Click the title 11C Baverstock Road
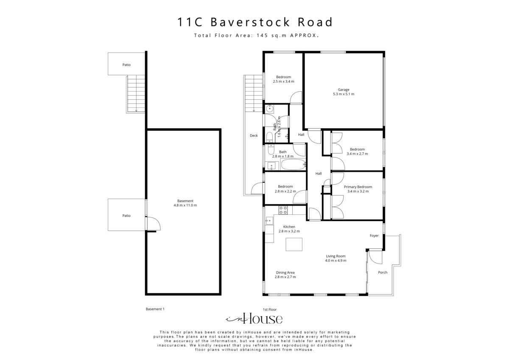tap(255, 22)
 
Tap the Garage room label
tap(344, 92)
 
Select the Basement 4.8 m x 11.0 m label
tap(185, 203)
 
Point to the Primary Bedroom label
tap(358, 189)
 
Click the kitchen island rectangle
tap(294, 245)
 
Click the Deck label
tap(254, 136)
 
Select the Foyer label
tap(374, 236)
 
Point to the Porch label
tap(382, 272)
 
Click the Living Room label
tap(336, 258)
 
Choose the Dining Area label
tap(285, 274)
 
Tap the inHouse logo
tap(254, 319)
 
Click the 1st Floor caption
tap(270, 309)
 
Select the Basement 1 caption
tap(155, 309)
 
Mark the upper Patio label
tap(126, 65)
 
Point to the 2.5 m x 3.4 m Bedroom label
tap(283, 79)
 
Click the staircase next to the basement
tap(136, 94)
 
